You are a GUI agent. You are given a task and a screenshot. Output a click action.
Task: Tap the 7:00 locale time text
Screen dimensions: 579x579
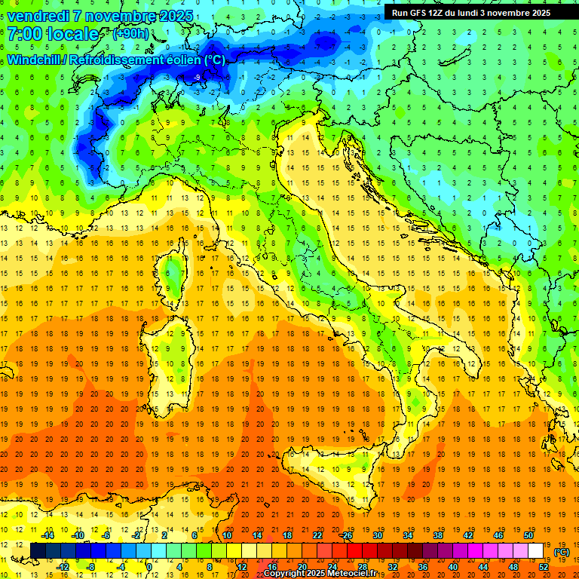click(53, 34)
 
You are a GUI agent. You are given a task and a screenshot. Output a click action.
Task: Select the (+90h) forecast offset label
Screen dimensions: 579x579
click(130, 34)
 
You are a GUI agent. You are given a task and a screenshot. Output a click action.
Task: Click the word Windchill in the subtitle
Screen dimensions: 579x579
click(36, 60)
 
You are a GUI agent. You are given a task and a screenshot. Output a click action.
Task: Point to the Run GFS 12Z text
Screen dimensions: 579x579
click(423, 13)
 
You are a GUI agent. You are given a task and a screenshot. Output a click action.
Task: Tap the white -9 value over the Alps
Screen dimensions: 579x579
click(196, 78)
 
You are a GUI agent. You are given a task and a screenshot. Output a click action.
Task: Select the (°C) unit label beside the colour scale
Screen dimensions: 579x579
click(561, 552)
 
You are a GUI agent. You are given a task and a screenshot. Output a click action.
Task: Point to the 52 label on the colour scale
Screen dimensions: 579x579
click(544, 566)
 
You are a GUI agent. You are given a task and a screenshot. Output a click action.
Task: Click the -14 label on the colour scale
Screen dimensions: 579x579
click(47, 535)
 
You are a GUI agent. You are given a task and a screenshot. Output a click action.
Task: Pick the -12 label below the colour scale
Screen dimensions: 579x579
click(63, 566)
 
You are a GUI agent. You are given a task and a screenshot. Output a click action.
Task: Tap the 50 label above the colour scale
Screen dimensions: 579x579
click(528, 535)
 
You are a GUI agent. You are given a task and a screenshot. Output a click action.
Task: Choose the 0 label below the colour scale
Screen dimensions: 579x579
click(150, 566)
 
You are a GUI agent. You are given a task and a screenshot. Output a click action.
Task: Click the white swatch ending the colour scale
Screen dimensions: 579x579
click(536, 550)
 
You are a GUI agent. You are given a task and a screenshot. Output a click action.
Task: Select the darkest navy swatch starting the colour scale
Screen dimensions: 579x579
click(38, 550)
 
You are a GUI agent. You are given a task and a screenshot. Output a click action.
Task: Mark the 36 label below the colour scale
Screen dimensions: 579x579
click(423, 566)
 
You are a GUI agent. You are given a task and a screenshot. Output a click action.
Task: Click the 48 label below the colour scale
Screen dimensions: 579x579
click(513, 566)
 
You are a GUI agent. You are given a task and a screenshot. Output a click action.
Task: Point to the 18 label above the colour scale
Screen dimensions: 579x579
click(287, 535)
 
